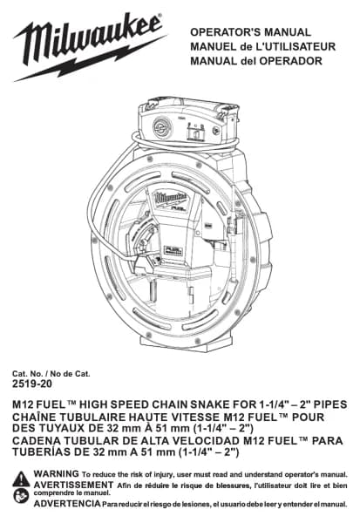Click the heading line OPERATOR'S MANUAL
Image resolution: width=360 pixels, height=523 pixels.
250,32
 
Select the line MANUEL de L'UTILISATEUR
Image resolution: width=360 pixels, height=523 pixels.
262,47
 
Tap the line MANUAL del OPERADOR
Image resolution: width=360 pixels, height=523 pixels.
256,61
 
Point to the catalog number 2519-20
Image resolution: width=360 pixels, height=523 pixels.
32,384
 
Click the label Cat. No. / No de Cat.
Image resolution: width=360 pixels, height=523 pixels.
51,374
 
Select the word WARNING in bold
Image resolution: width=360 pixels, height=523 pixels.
56,473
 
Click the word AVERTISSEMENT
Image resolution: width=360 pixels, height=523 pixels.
73,485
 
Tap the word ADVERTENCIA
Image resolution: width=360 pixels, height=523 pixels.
67,503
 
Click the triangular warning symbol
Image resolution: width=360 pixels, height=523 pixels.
21,479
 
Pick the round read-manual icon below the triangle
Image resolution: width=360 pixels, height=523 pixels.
21,496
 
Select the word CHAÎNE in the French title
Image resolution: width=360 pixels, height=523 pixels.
31,418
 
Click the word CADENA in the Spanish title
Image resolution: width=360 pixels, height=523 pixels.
33,440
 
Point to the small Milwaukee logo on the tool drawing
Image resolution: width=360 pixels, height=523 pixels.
170,198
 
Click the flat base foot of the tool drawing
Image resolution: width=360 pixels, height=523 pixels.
186,342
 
